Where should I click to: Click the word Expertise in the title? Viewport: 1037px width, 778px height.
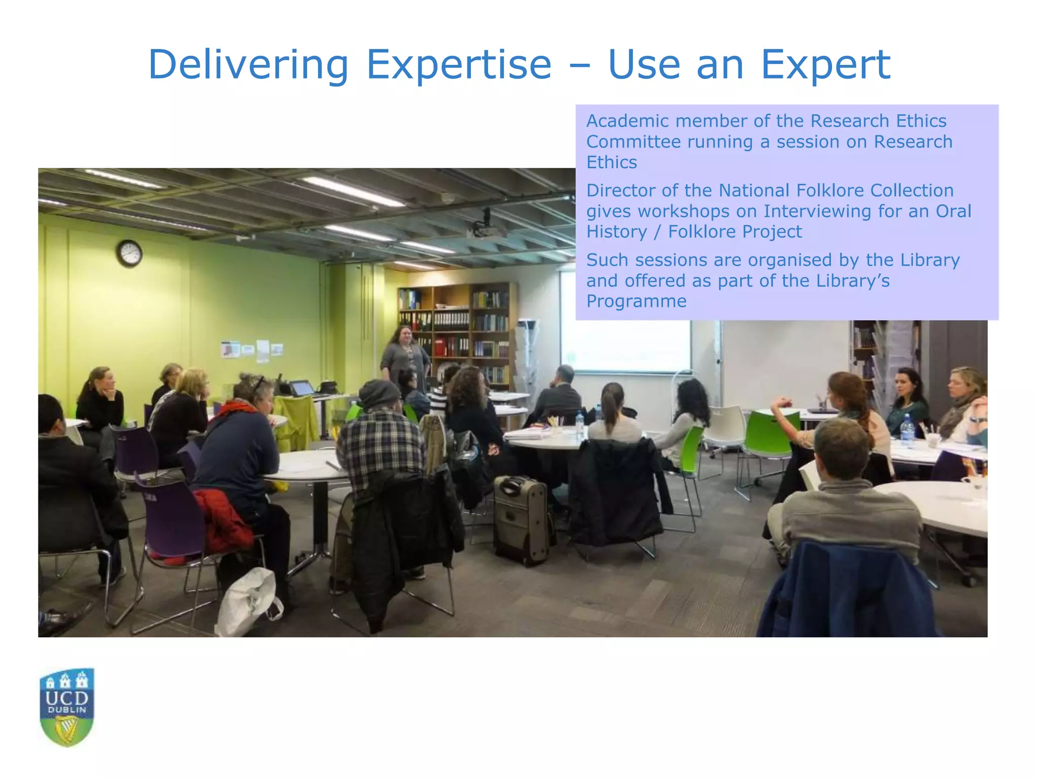coord(458,65)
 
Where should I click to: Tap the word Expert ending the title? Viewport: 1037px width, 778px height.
coord(825,65)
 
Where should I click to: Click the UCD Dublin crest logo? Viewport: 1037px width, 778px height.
coord(67,707)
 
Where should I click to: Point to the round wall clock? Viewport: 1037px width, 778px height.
coord(130,253)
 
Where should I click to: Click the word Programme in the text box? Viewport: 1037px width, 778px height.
coord(636,301)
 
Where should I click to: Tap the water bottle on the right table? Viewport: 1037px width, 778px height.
coord(907,431)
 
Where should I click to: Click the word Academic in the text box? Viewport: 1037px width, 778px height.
coord(628,121)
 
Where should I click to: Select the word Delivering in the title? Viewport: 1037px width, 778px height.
coord(248,65)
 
